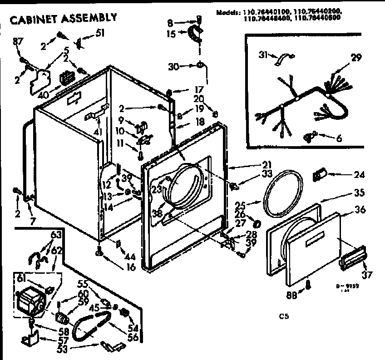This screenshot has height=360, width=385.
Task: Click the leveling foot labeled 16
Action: pos(99,253)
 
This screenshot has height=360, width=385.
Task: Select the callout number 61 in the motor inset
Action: pos(20,277)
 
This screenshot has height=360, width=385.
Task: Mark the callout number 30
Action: pos(173,66)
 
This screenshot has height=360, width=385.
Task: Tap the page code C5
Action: pos(284,316)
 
